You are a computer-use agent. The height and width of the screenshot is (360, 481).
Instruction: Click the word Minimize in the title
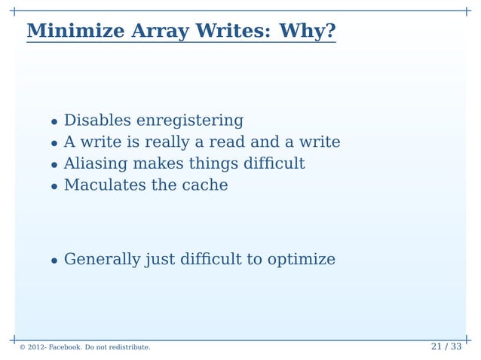[x=76, y=32]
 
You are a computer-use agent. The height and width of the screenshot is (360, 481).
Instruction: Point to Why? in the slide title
[x=307, y=32]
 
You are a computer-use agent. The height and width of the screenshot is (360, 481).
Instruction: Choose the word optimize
[x=300, y=260]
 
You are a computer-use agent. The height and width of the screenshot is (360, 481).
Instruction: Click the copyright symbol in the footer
[x=23, y=348]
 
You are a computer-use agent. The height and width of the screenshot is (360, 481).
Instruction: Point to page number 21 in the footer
[x=437, y=347]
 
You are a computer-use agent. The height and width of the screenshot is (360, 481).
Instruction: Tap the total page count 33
[x=455, y=347]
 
